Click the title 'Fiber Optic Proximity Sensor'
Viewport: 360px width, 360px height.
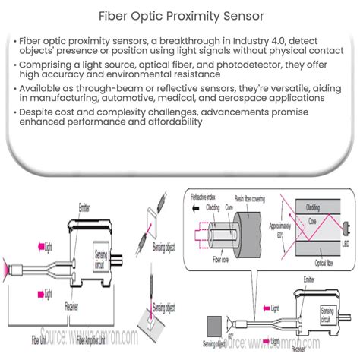[x=179, y=14]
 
